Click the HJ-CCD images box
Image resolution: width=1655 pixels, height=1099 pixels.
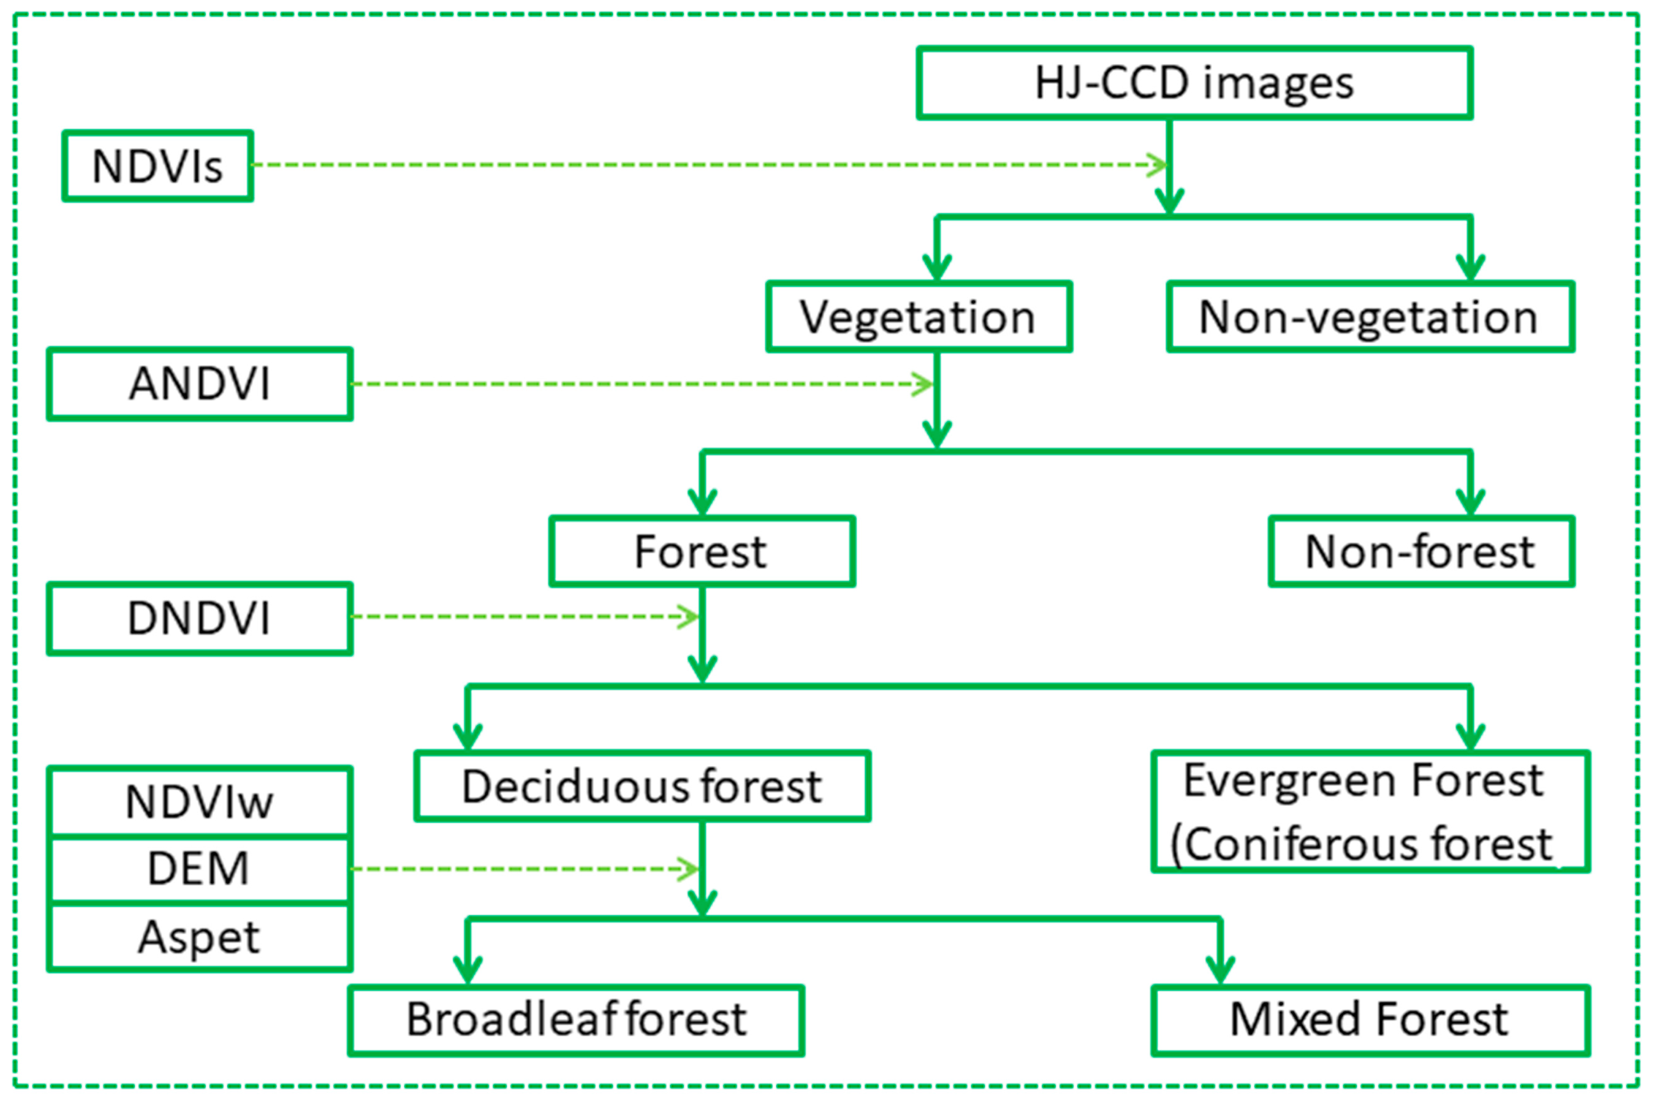[x=1194, y=83]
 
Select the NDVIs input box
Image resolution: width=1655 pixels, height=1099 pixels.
[x=158, y=166]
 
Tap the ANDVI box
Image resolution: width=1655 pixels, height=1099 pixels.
[x=200, y=384]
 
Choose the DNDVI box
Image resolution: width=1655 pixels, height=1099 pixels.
[x=200, y=618]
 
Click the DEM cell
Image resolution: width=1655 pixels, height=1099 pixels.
[x=200, y=868]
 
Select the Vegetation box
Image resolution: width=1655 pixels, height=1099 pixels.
[x=918, y=317]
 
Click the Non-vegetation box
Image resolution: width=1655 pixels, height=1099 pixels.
[x=1370, y=317]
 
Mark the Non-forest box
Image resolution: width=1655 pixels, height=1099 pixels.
[x=1421, y=552]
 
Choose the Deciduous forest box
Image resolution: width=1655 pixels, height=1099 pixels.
[x=642, y=786]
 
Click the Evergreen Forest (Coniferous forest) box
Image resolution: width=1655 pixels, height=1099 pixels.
[x=1370, y=812]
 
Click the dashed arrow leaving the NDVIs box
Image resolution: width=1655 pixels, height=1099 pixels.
[x=701, y=165]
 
